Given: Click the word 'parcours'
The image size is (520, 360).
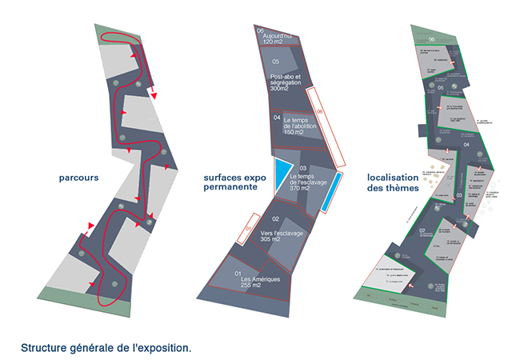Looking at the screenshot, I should (78, 178).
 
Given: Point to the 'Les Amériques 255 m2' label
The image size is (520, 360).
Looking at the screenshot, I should (250, 281).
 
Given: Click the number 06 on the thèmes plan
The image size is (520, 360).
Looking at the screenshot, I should (431, 38).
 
